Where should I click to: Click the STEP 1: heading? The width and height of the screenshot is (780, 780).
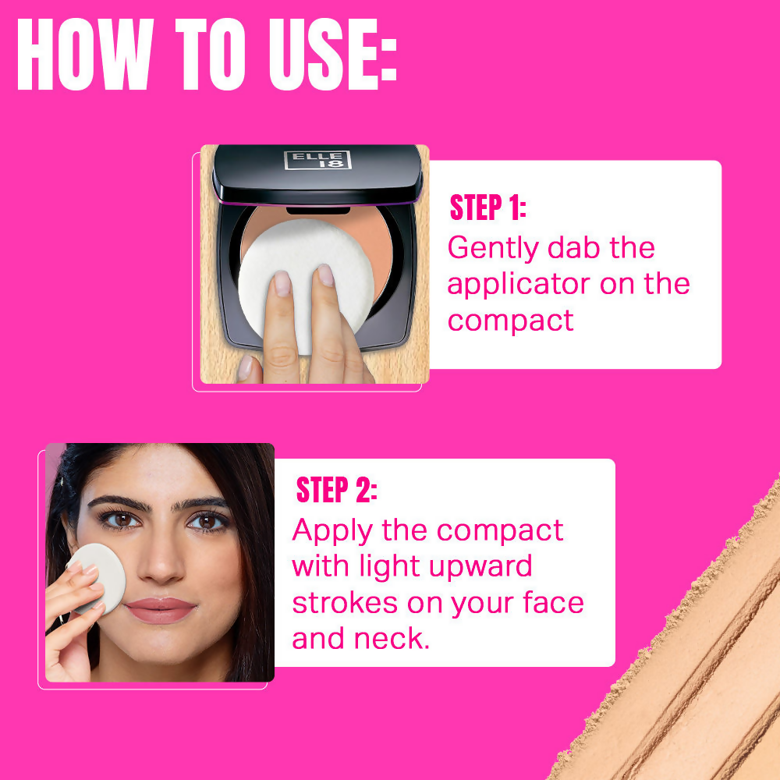pyautogui.click(x=488, y=208)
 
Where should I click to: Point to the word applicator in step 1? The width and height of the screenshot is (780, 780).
pyautogui.click(x=519, y=284)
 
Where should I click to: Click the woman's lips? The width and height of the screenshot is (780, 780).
pyautogui.click(x=160, y=609)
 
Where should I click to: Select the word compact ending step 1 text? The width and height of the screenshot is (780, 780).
pyautogui.click(x=511, y=320)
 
